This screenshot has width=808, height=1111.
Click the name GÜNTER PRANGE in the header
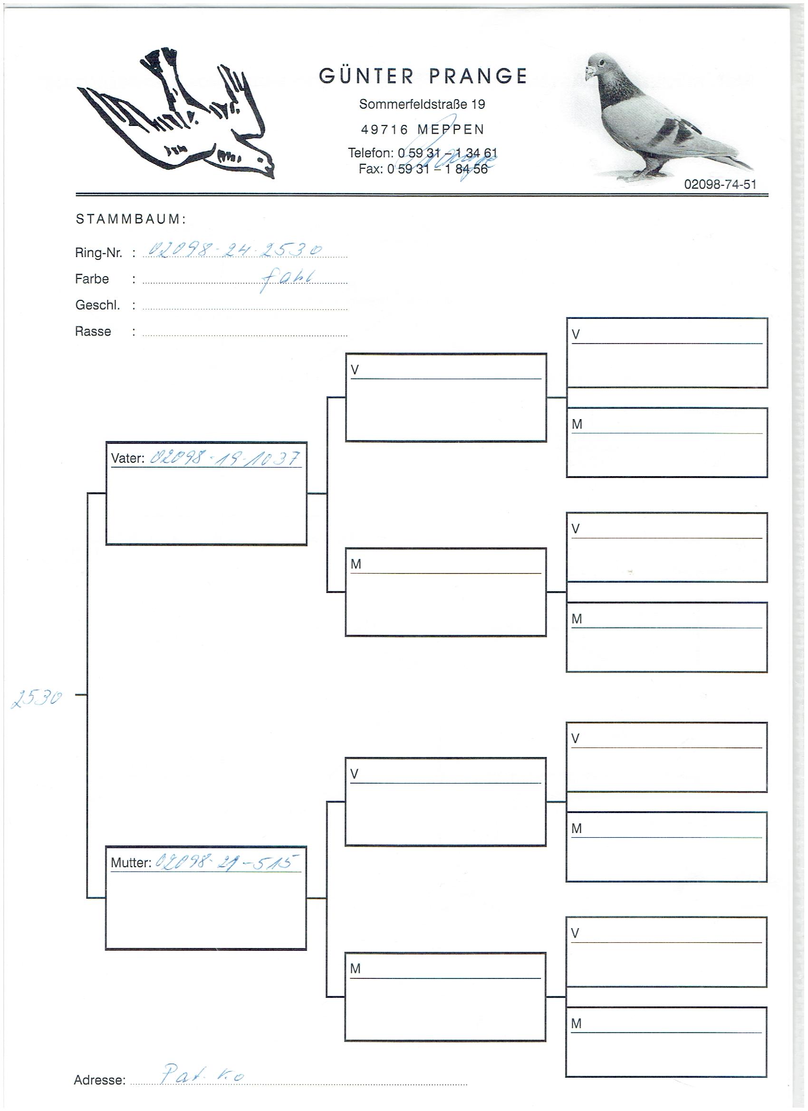coord(423,76)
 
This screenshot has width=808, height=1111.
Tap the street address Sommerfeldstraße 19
coord(422,104)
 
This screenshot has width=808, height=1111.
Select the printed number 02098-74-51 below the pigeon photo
coord(720,184)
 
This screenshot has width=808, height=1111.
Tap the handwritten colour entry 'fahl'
coord(289,279)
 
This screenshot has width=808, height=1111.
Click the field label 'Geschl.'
coord(97,305)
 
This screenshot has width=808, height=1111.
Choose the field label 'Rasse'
coord(93,332)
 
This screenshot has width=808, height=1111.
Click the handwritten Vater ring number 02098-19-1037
coord(224,458)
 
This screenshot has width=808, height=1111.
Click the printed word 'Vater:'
coord(127,459)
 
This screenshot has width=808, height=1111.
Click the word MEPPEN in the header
coord(451,130)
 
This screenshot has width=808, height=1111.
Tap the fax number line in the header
coord(423,169)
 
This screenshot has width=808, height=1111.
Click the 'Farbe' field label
coord(92,279)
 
